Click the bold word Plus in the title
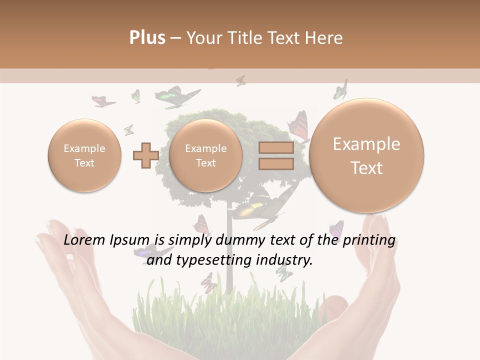(x=147, y=38)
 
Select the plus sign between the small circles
(x=145, y=155)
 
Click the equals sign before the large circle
(x=275, y=155)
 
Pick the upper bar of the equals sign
(x=275, y=148)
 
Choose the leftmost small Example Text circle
(x=84, y=155)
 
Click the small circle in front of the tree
(x=205, y=155)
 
